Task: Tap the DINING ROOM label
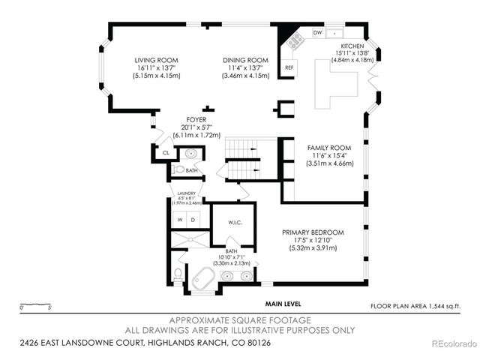[x=245, y=60]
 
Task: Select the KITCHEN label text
[x=352, y=46]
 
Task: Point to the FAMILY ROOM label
[x=329, y=148]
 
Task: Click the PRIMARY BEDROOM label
[x=313, y=232]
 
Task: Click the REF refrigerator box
[x=289, y=68]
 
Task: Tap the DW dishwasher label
[x=317, y=34]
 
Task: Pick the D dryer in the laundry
[x=193, y=220]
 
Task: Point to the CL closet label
[x=166, y=152]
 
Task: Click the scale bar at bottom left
[x=35, y=305]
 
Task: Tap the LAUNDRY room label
[x=187, y=193]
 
